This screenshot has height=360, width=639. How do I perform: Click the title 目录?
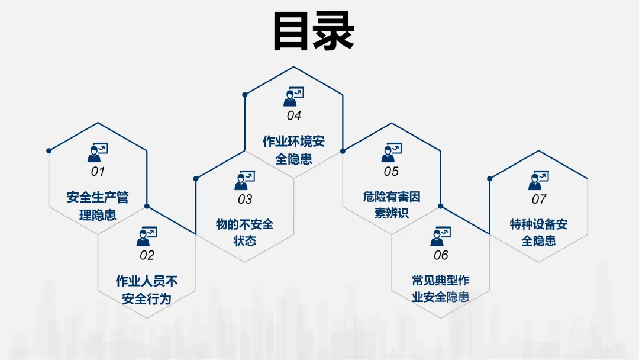click(314, 30)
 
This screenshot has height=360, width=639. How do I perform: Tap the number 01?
click(98, 172)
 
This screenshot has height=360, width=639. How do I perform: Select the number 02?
click(147, 256)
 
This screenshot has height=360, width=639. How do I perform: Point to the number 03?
click(245, 200)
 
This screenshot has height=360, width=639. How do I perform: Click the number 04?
click(294, 115)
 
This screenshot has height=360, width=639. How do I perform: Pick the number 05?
click(391, 172)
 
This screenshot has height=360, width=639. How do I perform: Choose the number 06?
click(441, 256)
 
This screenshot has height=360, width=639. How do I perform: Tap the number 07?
click(538, 200)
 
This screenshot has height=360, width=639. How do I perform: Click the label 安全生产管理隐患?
click(98, 205)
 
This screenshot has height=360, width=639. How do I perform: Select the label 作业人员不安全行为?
click(147, 290)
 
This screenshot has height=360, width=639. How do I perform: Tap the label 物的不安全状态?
click(245, 233)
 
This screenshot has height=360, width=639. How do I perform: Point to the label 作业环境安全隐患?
click(294, 150)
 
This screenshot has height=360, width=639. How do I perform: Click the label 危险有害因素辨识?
click(391, 205)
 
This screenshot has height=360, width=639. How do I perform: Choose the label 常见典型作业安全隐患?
click(441, 288)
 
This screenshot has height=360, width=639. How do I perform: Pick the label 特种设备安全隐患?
click(538, 233)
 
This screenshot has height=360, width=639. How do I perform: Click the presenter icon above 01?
click(98, 152)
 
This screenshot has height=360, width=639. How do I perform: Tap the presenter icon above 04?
click(294, 96)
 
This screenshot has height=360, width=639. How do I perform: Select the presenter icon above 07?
click(538, 180)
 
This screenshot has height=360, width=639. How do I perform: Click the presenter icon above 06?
click(441, 236)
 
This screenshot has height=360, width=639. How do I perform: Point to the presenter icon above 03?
click(245, 180)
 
